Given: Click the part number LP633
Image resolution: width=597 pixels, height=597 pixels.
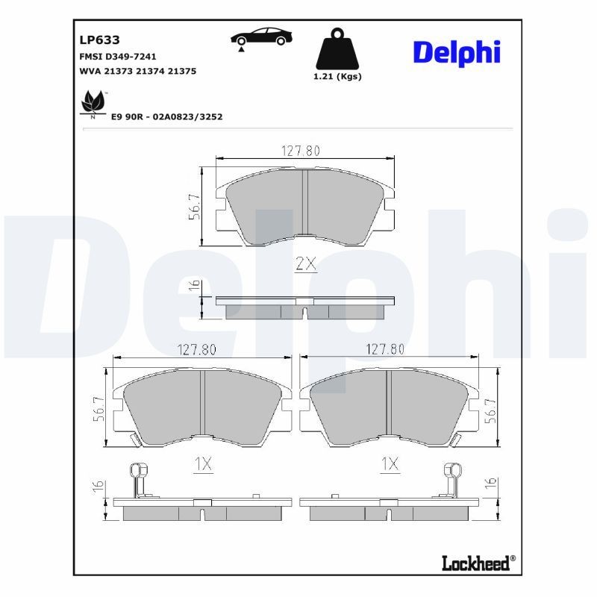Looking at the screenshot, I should [95, 40].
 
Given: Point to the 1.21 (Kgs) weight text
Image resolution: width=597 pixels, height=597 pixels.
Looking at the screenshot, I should [338, 77].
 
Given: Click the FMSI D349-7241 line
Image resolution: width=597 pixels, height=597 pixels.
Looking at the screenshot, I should [118, 57].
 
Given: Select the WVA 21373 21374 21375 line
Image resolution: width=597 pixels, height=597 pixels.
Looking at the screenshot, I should [137, 71].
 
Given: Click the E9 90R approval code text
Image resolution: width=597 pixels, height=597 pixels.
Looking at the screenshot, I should [166, 117].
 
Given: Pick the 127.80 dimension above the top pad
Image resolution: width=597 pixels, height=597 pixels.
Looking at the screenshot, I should [300, 150].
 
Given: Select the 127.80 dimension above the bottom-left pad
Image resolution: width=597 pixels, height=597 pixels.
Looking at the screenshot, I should [196, 349].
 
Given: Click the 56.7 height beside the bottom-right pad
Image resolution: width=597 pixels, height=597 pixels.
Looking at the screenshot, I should [490, 410].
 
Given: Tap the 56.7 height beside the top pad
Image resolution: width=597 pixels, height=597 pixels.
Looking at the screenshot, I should [194, 207].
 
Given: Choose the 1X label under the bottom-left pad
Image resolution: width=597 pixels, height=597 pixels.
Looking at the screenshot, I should [202, 464].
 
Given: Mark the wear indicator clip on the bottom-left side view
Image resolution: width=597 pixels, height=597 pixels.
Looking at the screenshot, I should [138, 479].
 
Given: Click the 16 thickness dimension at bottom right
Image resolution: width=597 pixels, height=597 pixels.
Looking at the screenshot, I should [490, 487].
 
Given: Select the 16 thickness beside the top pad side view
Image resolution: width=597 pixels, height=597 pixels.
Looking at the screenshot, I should [194, 286].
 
